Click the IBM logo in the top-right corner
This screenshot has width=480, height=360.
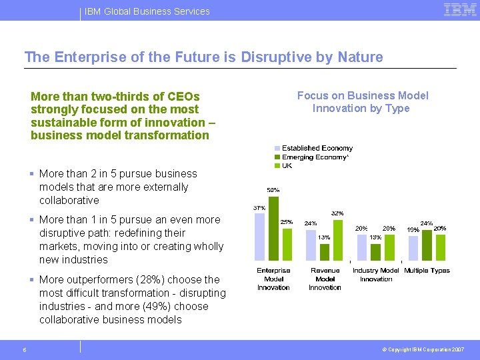459,10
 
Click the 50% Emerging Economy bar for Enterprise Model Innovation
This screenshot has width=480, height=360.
273,227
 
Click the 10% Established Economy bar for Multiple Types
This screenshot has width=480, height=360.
413,247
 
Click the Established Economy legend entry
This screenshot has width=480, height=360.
313,148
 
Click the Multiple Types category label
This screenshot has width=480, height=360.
427,271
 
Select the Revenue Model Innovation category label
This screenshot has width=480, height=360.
325,279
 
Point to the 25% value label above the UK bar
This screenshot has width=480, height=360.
287,221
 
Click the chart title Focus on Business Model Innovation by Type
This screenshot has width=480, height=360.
362,102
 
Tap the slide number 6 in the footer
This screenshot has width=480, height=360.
24,350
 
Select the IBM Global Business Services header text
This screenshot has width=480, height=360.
147,11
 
